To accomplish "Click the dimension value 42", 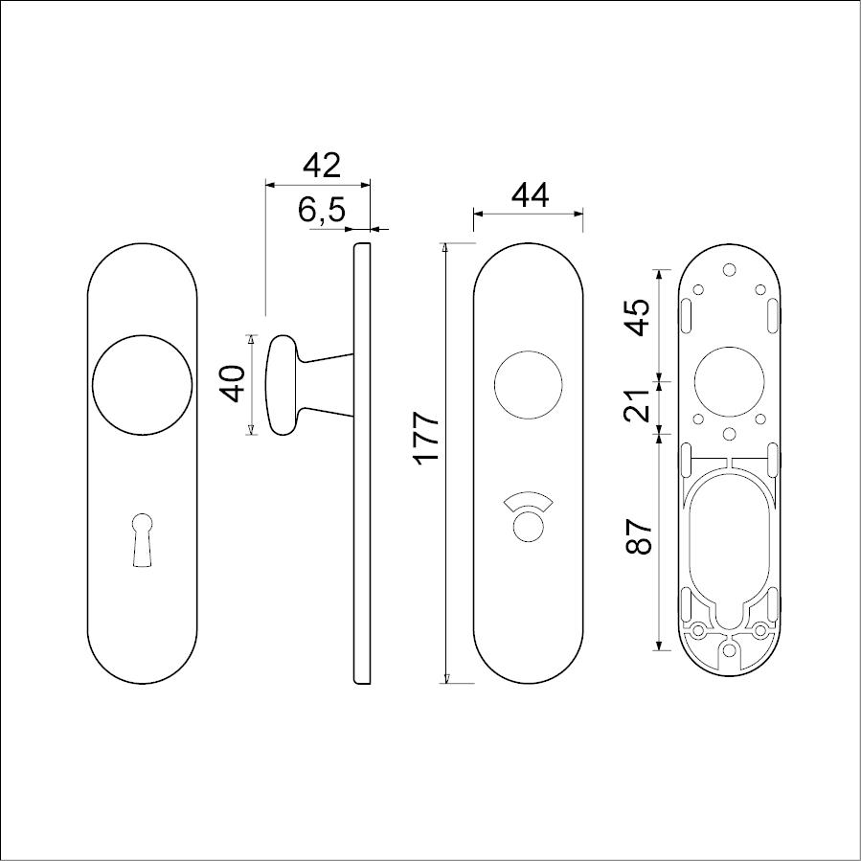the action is tap(323, 165).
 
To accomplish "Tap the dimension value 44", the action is tap(530, 195).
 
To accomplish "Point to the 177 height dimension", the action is tap(427, 438).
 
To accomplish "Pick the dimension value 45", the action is tap(639, 317).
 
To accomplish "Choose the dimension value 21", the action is tap(638, 406).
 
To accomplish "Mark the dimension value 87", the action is tap(639, 536).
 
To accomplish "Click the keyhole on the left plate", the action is tap(142, 540).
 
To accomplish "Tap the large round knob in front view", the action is tap(142, 385).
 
